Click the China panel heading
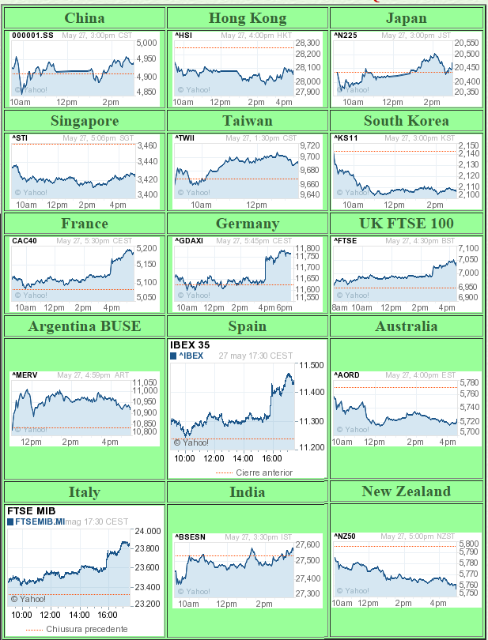click(x=84, y=17)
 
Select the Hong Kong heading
click(x=248, y=17)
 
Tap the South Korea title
click(x=406, y=121)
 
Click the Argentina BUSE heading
click(x=84, y=326)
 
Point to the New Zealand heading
click(x=406, y=491)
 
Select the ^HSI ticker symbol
click(x=183, y=36)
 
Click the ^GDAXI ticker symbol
click(x=190, y=240)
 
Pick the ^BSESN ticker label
click(x=191, y=537)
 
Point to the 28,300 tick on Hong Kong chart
click(x=308, y=43)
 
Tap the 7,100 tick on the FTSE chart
click(x=468, y=248)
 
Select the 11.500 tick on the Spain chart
click(x=312, y=366)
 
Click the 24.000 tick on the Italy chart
click(x=147, y=531)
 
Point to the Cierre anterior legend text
click(x=264, y=472)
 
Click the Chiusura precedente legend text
click(x=86, y=629)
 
